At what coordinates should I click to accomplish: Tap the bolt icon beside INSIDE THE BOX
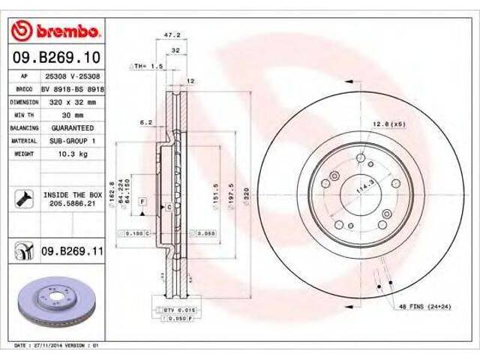pos(22,199)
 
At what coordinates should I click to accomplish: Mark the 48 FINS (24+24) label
pos(424,306)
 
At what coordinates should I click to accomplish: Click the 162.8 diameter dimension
pos(112,190)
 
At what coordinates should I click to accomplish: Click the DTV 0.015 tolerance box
pos(172,308)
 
